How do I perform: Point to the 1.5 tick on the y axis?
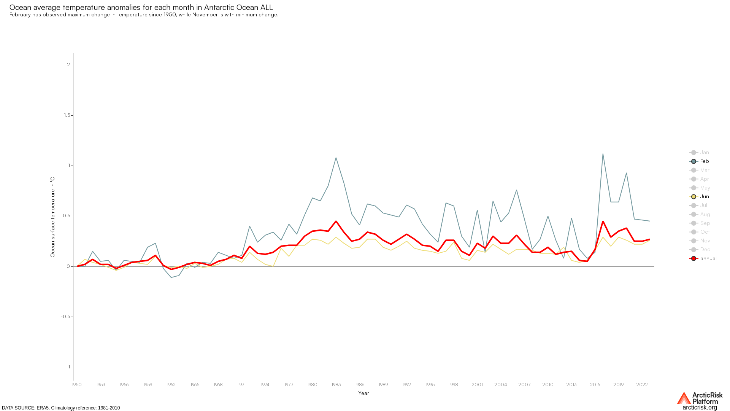click(x=69, y=115)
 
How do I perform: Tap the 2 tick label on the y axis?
click(x=69, y=65)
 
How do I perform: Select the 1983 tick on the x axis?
click(x=336, y=385)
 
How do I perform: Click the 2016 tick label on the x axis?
click(x=595, y=385)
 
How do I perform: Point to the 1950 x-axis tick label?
click(x=77, y=385)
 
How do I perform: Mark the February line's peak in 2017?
click(x=603, y=154)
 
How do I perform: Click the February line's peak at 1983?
click(x=336, y=158)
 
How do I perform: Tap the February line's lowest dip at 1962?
click(x=171, y=277)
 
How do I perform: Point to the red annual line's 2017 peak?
click(x=603, y=221)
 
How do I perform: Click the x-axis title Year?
click(x=363, y=393)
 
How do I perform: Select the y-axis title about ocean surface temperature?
click(x=53, y=217)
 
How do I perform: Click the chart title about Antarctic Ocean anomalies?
click(x=141, y=7)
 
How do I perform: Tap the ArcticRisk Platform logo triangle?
click(x=684, y=398)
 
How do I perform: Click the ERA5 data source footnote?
click(x=61, y=408)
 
